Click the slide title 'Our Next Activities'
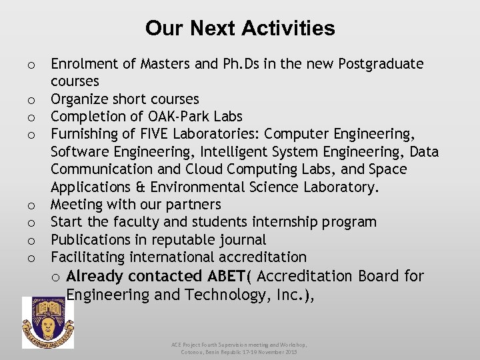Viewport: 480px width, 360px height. pyautogui.click(x=240, y=29)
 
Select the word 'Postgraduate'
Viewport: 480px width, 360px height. pyautogui.click(x=381, y=64)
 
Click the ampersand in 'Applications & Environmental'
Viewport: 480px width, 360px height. pyautogui.click(x=141, y=187)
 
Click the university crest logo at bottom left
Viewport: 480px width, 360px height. pyautogui.click(x=48, y=323)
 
